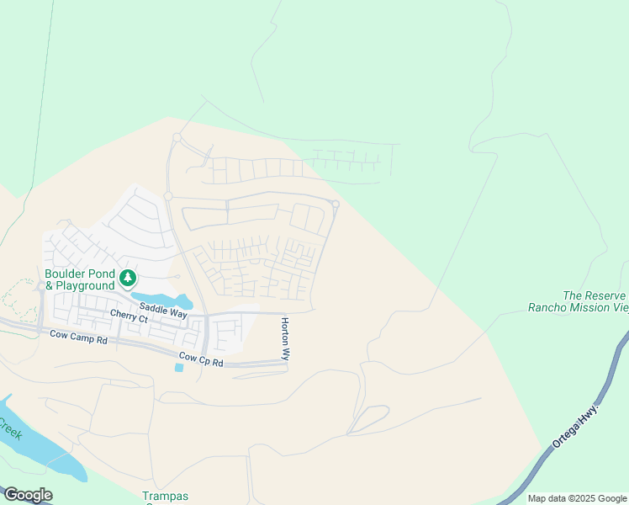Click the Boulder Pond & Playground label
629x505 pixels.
point(80,280)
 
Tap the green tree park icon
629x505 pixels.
point(128,277)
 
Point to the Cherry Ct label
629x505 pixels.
point(129,318)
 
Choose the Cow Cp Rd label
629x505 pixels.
point(201,363)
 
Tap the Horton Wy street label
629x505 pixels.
point(285,339)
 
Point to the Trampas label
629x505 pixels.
point(165,496)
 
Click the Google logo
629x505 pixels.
point(28,495)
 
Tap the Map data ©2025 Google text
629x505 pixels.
point(577,498)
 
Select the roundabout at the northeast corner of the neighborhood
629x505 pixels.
point(336,204)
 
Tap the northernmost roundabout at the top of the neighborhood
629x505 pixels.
point(177,136)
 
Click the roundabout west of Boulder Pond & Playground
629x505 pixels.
point(40,286)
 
